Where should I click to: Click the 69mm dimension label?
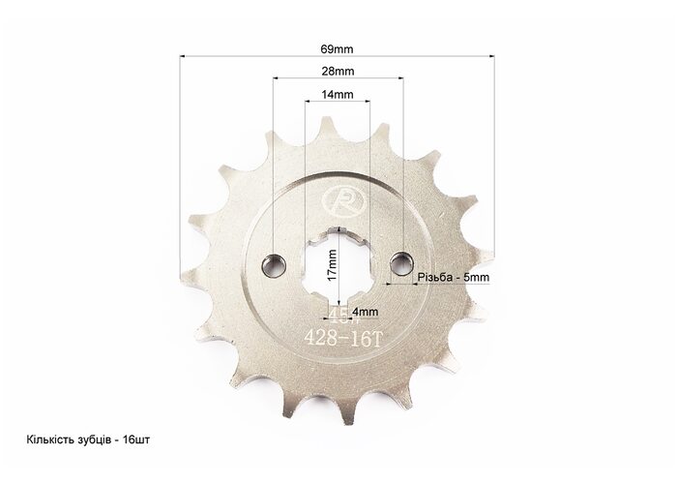point(337,48)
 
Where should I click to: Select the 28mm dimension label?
point(338,72)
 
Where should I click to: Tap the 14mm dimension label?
point(338,94)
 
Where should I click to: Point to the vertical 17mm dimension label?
point(332,265)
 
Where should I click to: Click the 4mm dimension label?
point(366,311)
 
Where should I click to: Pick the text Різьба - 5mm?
point(454,277)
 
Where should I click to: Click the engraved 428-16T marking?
point(343,339)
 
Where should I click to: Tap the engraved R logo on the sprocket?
point(344,201)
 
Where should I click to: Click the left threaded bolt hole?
point(274,264)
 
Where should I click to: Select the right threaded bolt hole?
point(402,262)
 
